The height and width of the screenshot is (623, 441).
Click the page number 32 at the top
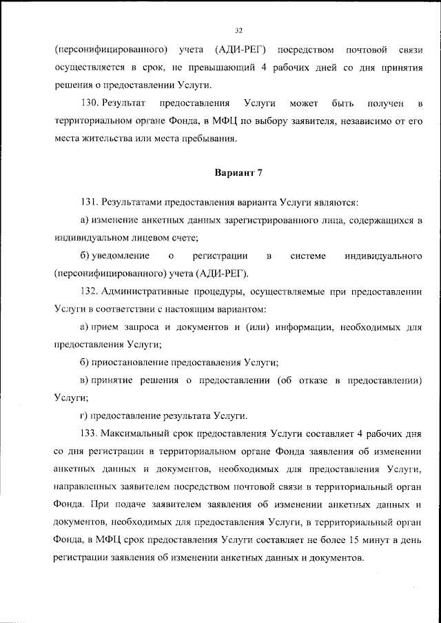[238, 30]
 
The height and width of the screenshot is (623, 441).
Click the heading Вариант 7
[238, 172]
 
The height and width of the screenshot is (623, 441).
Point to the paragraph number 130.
[89, 104]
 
